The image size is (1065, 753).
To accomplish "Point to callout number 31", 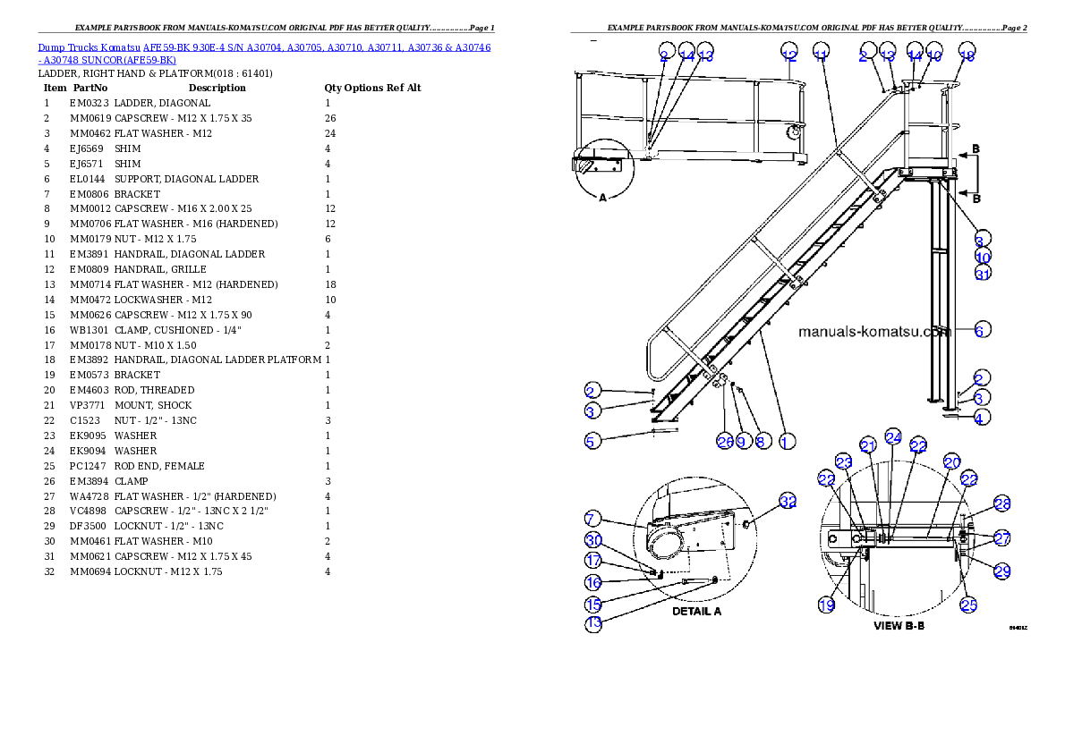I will point(984,274).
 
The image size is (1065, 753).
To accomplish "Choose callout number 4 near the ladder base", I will point(984,417).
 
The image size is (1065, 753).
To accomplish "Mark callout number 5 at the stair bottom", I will point(592,439).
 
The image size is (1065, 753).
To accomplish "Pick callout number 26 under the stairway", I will point(724,441).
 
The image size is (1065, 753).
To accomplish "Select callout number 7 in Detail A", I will point(592,519).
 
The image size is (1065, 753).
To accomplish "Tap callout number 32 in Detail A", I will point(788,503).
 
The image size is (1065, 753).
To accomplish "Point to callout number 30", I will point(593,540).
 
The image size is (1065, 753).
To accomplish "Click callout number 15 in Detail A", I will point(593,604).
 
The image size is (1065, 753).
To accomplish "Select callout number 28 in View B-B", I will point(1001,504).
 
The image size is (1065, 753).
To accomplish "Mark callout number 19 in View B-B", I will point(828,605).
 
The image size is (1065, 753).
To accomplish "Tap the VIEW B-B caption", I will point(899,626).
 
